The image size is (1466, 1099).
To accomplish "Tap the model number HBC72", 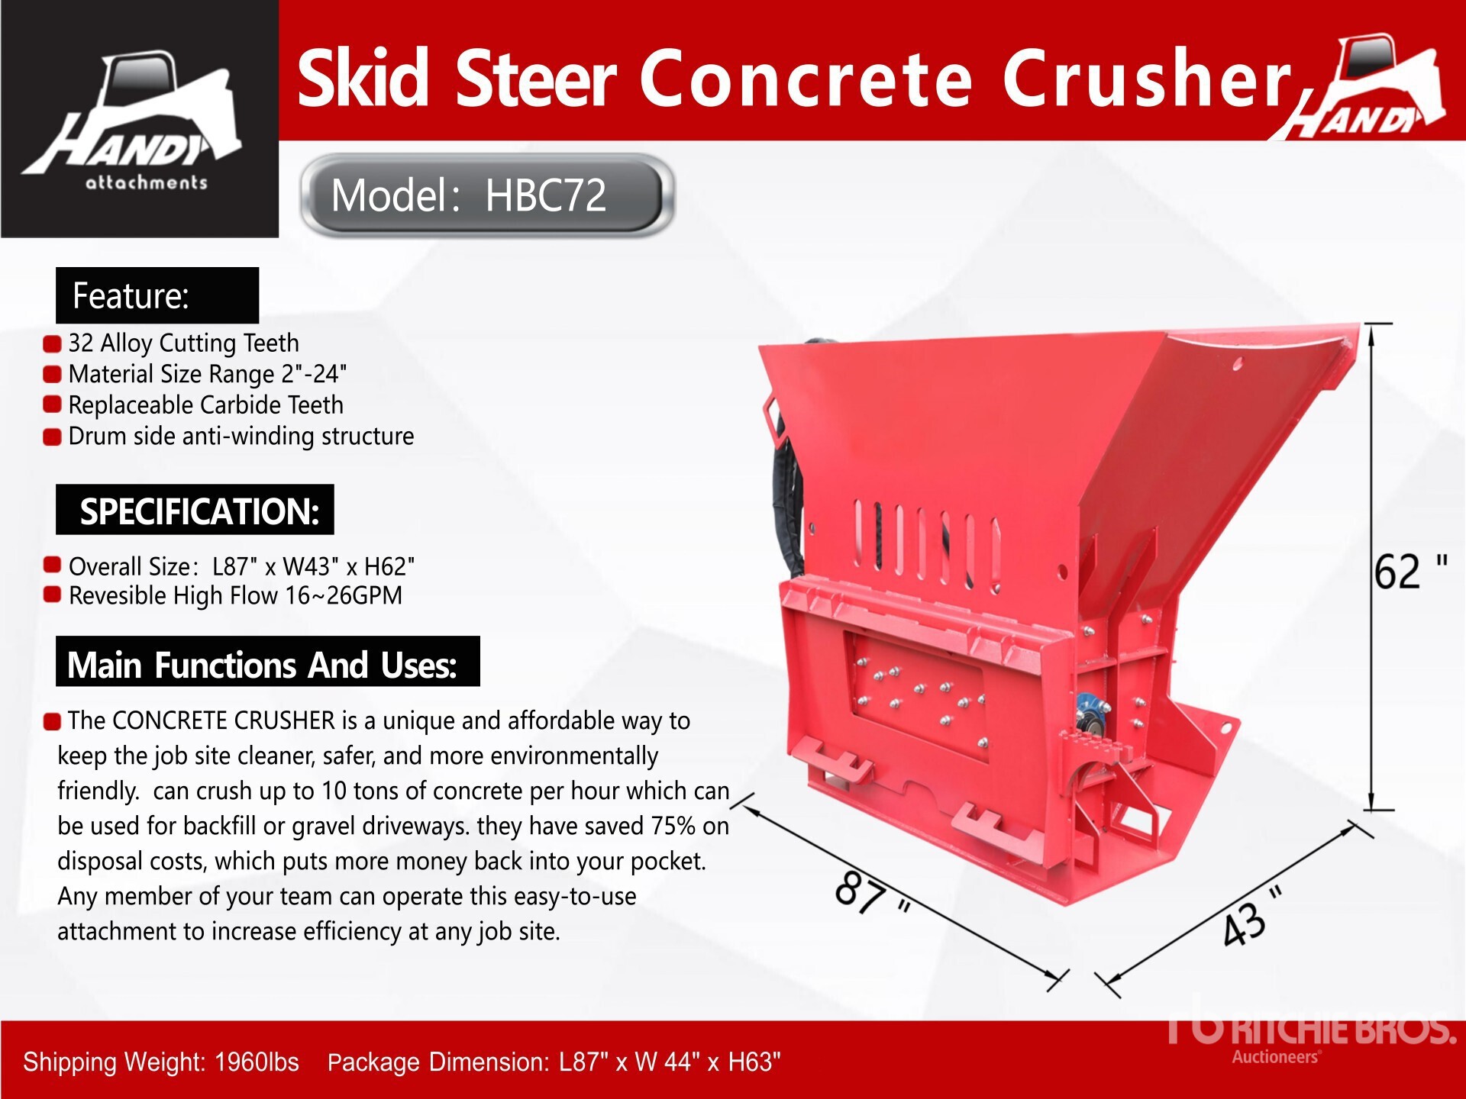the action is click(x=546, y=195).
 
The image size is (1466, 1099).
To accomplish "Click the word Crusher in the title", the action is click(x=1146, y=78).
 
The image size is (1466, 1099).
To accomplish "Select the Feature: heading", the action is click(x=131, y=295).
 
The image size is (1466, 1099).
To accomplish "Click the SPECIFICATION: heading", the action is click(x=199, y=511).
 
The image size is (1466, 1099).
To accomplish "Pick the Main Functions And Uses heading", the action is click(x=262, y=665).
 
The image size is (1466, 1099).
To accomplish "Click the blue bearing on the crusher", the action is click(x=1087, y=714).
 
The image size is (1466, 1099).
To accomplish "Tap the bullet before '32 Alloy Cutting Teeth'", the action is click(x=52, y=344).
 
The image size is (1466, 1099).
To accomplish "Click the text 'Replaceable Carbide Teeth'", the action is click(x=205, y=404).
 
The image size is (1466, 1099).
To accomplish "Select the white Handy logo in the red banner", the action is click(x=1358, y=88).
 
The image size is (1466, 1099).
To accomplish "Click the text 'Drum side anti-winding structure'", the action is click(x=241, y=436).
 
